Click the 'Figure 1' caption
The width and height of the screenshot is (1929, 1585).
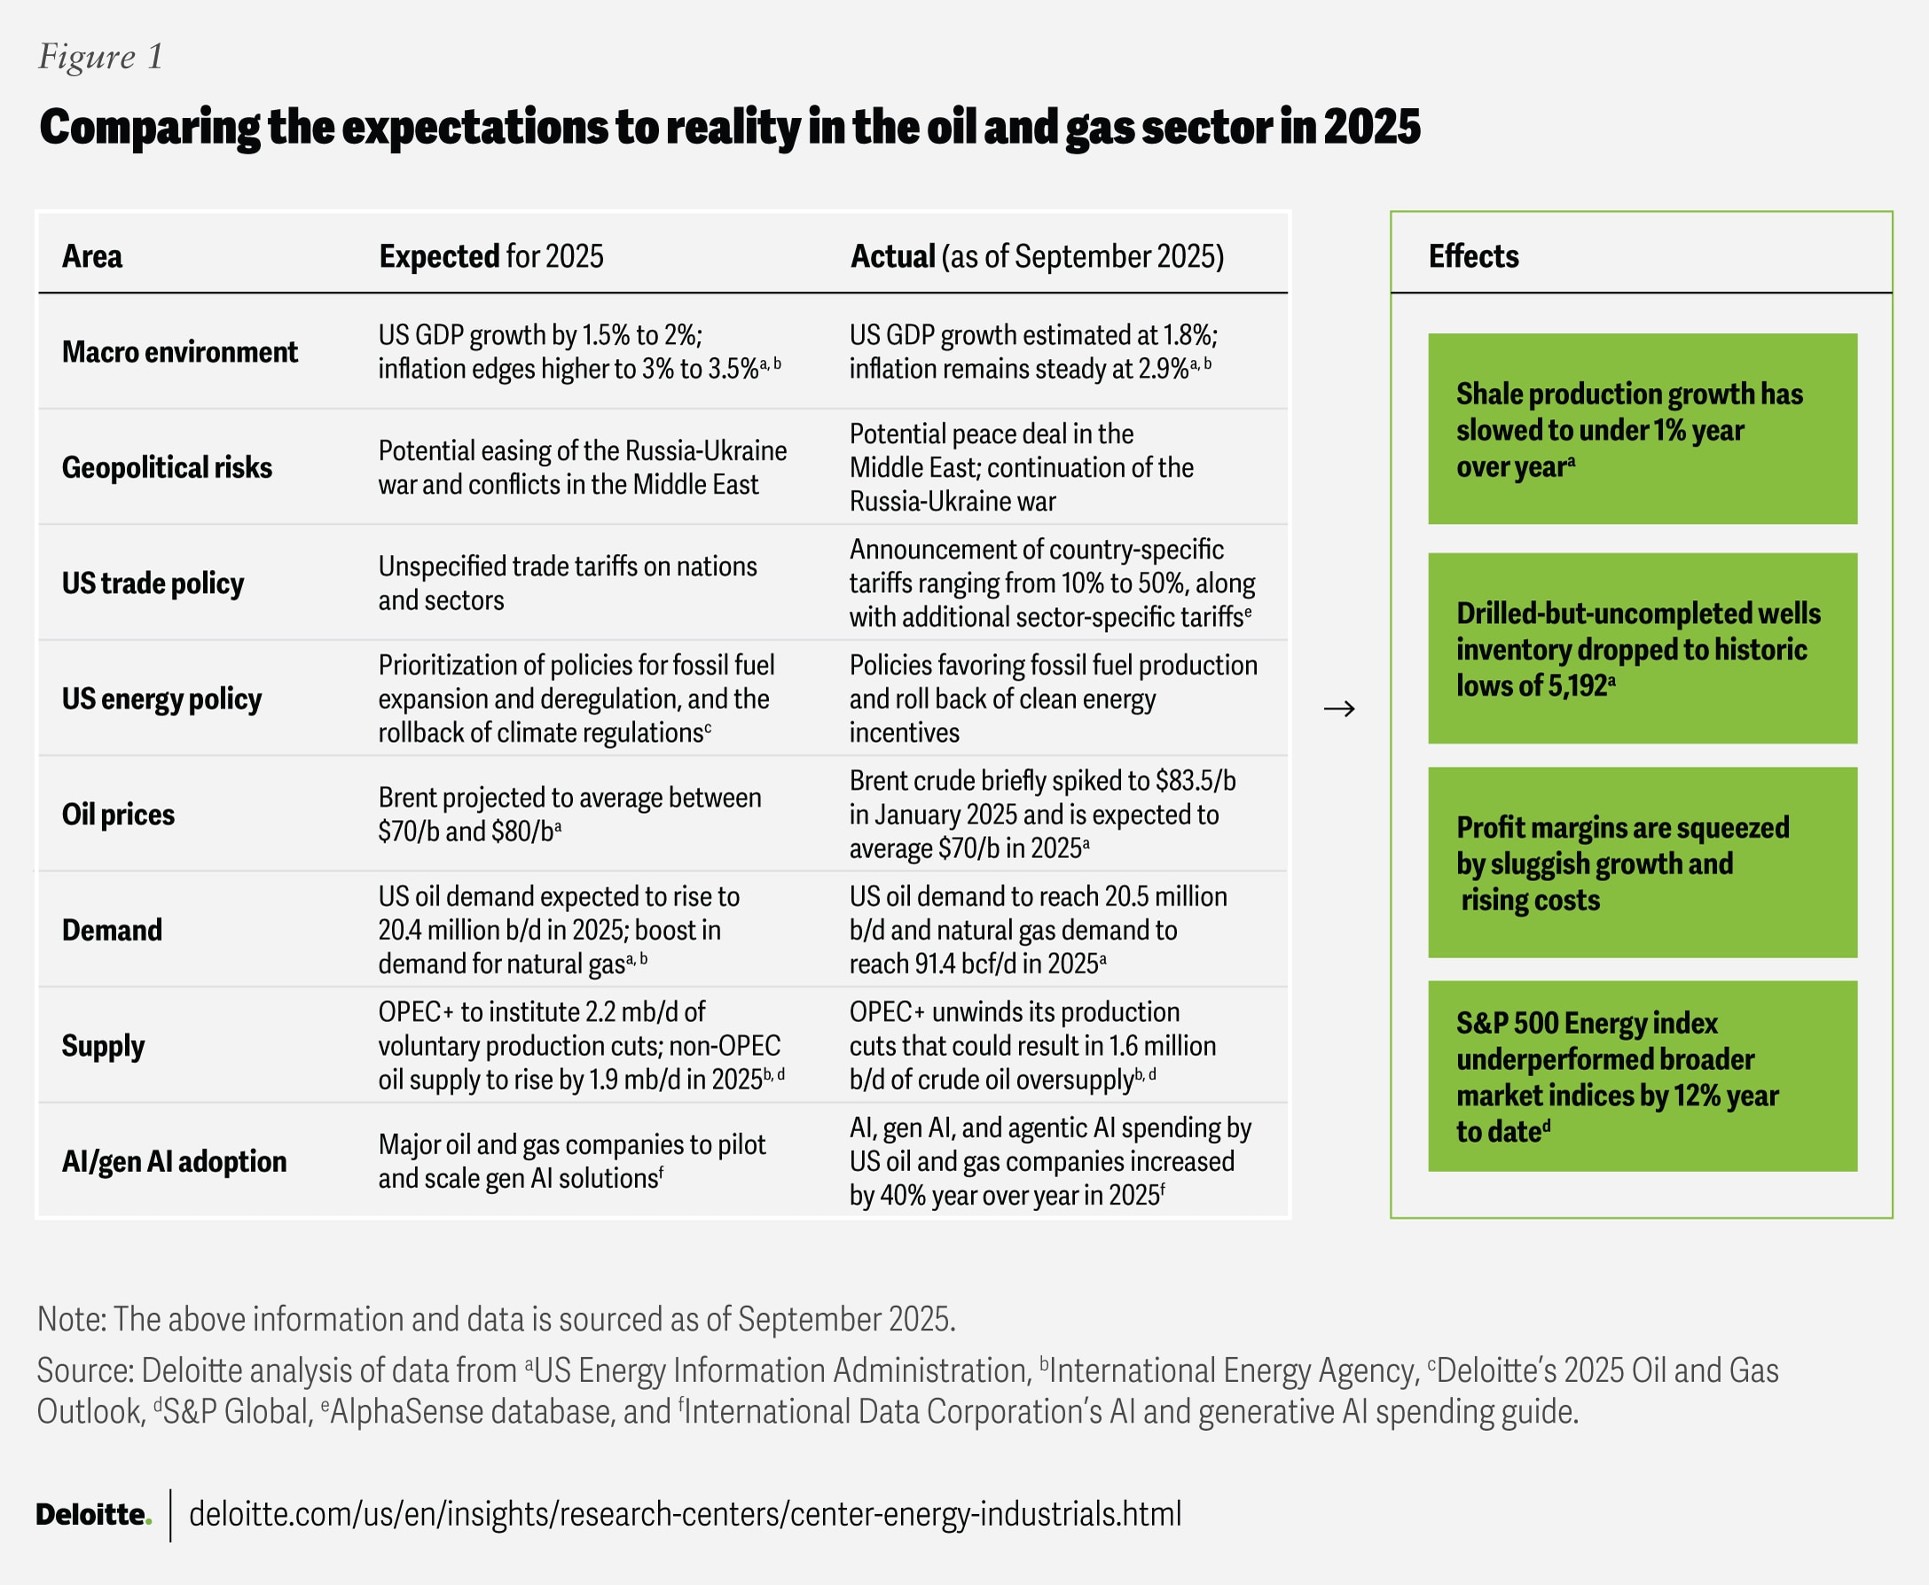(x=100, y=57)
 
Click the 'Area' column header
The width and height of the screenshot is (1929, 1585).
(x=91, y=256)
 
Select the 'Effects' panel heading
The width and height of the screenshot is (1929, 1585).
(x=1473, y=256)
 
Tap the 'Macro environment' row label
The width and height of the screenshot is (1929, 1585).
(x=179, y=353)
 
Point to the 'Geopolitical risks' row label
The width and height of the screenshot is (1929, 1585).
(x=166, y=467)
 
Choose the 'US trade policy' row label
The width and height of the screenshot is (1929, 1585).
(x=153, y=583)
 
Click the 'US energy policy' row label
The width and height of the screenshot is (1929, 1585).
(x=161, y=699)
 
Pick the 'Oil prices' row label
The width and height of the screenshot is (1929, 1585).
(x=118, y=815)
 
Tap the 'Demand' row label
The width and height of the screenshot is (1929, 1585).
(x=112, y=931)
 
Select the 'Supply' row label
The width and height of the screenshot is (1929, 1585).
(x=102, y=1046)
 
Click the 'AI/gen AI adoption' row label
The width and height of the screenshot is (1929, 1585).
(x=174, y=1162)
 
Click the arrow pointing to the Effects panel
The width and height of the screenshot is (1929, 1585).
(x=1339, y=708)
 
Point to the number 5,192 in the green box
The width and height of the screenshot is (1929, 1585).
(x=1575, y=685)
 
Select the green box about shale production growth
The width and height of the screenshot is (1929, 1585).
(x=1643, y=429)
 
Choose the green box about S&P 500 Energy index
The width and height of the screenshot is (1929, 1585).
(x=1643, y=1076)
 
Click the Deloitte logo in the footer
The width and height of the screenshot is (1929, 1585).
(x=92, y=1515)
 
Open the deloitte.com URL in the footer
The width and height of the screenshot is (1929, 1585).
(x=684, y=1515)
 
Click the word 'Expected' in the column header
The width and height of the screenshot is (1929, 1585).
(x=438, y=256)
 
